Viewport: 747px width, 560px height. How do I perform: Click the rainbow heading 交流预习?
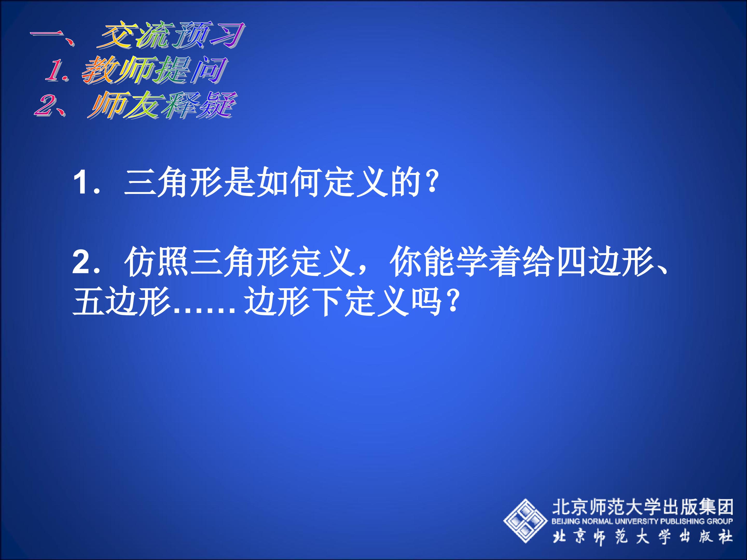coord(171,35)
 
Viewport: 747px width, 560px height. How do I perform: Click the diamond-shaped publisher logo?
coord(525,521)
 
